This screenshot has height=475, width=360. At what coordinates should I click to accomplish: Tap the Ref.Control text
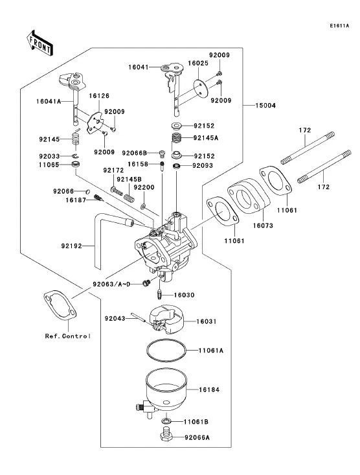pyautogui.click(x=67, y=336)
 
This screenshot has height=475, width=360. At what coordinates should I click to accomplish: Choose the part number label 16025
pyautogui.click(x=197, y=63)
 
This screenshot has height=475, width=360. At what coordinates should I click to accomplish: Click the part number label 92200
pyautogui.click(x=144, y=187)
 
